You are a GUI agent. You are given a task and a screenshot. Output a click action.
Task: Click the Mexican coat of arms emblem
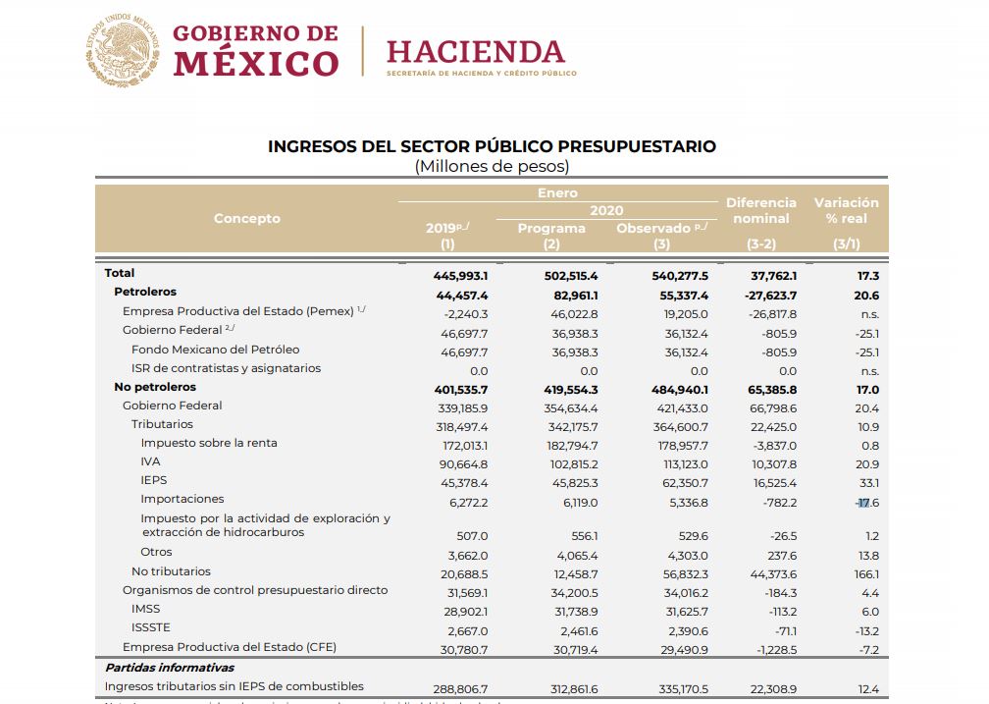point(123,49)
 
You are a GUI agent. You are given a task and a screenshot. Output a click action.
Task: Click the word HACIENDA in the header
point(476,51)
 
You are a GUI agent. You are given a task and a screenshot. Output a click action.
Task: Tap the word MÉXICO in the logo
point(256,64)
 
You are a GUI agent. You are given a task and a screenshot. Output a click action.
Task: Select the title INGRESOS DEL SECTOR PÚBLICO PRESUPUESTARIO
point(492,146)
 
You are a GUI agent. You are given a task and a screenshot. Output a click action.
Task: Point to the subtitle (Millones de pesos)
point(492,166)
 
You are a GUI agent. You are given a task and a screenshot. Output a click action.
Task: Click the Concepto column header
point(247,218)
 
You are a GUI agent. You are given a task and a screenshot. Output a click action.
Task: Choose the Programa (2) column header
point(551,236)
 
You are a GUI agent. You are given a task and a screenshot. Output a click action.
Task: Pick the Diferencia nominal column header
point(761,210)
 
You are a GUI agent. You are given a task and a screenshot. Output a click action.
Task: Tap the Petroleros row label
point(145,293)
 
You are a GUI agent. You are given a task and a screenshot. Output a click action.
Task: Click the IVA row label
point(150,461)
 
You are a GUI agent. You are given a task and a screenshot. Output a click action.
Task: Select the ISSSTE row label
point(150,627)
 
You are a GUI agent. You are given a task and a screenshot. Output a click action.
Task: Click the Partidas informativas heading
point(169,668)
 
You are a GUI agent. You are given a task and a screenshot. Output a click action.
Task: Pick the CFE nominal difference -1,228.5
point(774,648)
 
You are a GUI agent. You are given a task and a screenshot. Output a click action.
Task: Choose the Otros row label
point(156,552)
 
